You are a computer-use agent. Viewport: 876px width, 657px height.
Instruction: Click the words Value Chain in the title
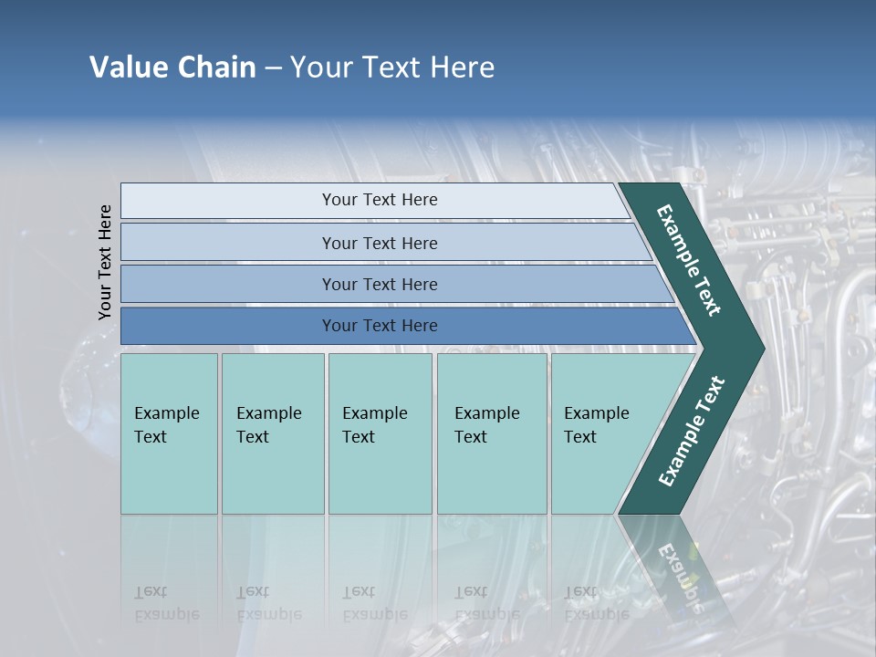point(172,68)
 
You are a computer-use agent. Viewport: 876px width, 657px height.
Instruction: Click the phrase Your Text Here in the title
point(392,68)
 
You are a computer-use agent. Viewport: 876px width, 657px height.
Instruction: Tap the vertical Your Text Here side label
point(105,262)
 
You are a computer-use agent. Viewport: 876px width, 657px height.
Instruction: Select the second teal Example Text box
point(273,433)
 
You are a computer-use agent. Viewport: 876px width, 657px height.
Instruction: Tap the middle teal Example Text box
point(380,433)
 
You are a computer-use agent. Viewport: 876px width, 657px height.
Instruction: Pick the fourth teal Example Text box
point(492,433)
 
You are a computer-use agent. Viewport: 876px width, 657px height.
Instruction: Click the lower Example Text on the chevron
point(692,431)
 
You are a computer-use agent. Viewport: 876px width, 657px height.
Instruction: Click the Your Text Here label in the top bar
point(380,200)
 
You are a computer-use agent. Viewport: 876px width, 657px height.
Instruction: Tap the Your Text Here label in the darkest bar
point(380,326)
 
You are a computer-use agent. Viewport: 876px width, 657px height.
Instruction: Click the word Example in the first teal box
point(166,413)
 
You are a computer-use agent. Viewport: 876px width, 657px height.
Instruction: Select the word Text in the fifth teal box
point(579,437)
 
